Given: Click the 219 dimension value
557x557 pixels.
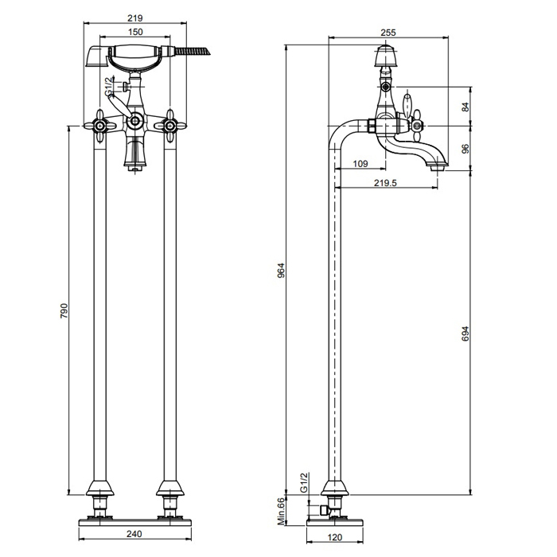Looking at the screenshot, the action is click(x=135, y=18).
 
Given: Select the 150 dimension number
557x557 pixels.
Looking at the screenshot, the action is click(x=135, y=32).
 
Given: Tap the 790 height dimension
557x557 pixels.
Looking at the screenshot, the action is click(x=64, y=310).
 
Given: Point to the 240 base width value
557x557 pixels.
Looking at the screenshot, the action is click(x=134, y=534).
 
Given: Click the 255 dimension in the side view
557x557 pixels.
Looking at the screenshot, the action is click(x=388, y=33).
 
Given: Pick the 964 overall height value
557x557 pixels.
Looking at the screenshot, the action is click(x=282, y=271).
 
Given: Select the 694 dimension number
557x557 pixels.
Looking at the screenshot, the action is click(x=465, y=333).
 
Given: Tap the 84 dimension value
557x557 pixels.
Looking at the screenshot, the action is click(x=465, y=107).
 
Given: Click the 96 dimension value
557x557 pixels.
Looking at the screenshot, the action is click(x=465, y=148).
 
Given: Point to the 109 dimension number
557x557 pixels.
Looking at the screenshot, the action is click(x=360, y=164).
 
